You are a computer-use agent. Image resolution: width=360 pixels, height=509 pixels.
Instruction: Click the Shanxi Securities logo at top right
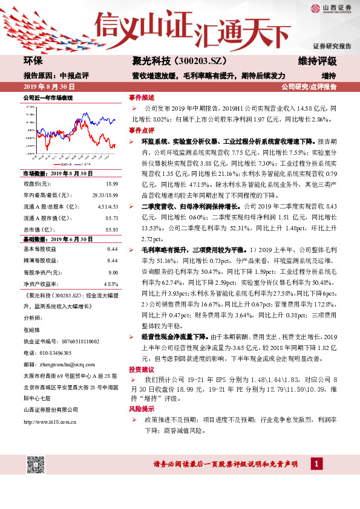coord(332,8)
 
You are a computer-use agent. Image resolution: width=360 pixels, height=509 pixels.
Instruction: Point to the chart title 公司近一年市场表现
coord(48,97)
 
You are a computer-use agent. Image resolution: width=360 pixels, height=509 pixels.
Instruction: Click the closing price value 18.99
coord(111,183)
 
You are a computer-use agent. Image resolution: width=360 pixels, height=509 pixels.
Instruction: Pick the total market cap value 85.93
coord(111,230)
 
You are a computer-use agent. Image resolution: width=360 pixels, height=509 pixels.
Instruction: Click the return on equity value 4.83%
coord(110,284)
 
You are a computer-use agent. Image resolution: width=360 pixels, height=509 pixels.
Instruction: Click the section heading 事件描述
coord(141,97)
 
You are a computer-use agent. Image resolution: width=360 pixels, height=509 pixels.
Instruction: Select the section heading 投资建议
coord(141,368)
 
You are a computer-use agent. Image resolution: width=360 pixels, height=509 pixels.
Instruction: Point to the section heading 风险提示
coord(141,409)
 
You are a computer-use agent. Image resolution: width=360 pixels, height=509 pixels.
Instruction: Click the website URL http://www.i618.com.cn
coord(50,421)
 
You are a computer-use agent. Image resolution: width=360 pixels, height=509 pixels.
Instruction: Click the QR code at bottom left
coord(36,464)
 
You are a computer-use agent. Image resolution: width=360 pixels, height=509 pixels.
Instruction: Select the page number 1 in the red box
coord(316,464)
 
